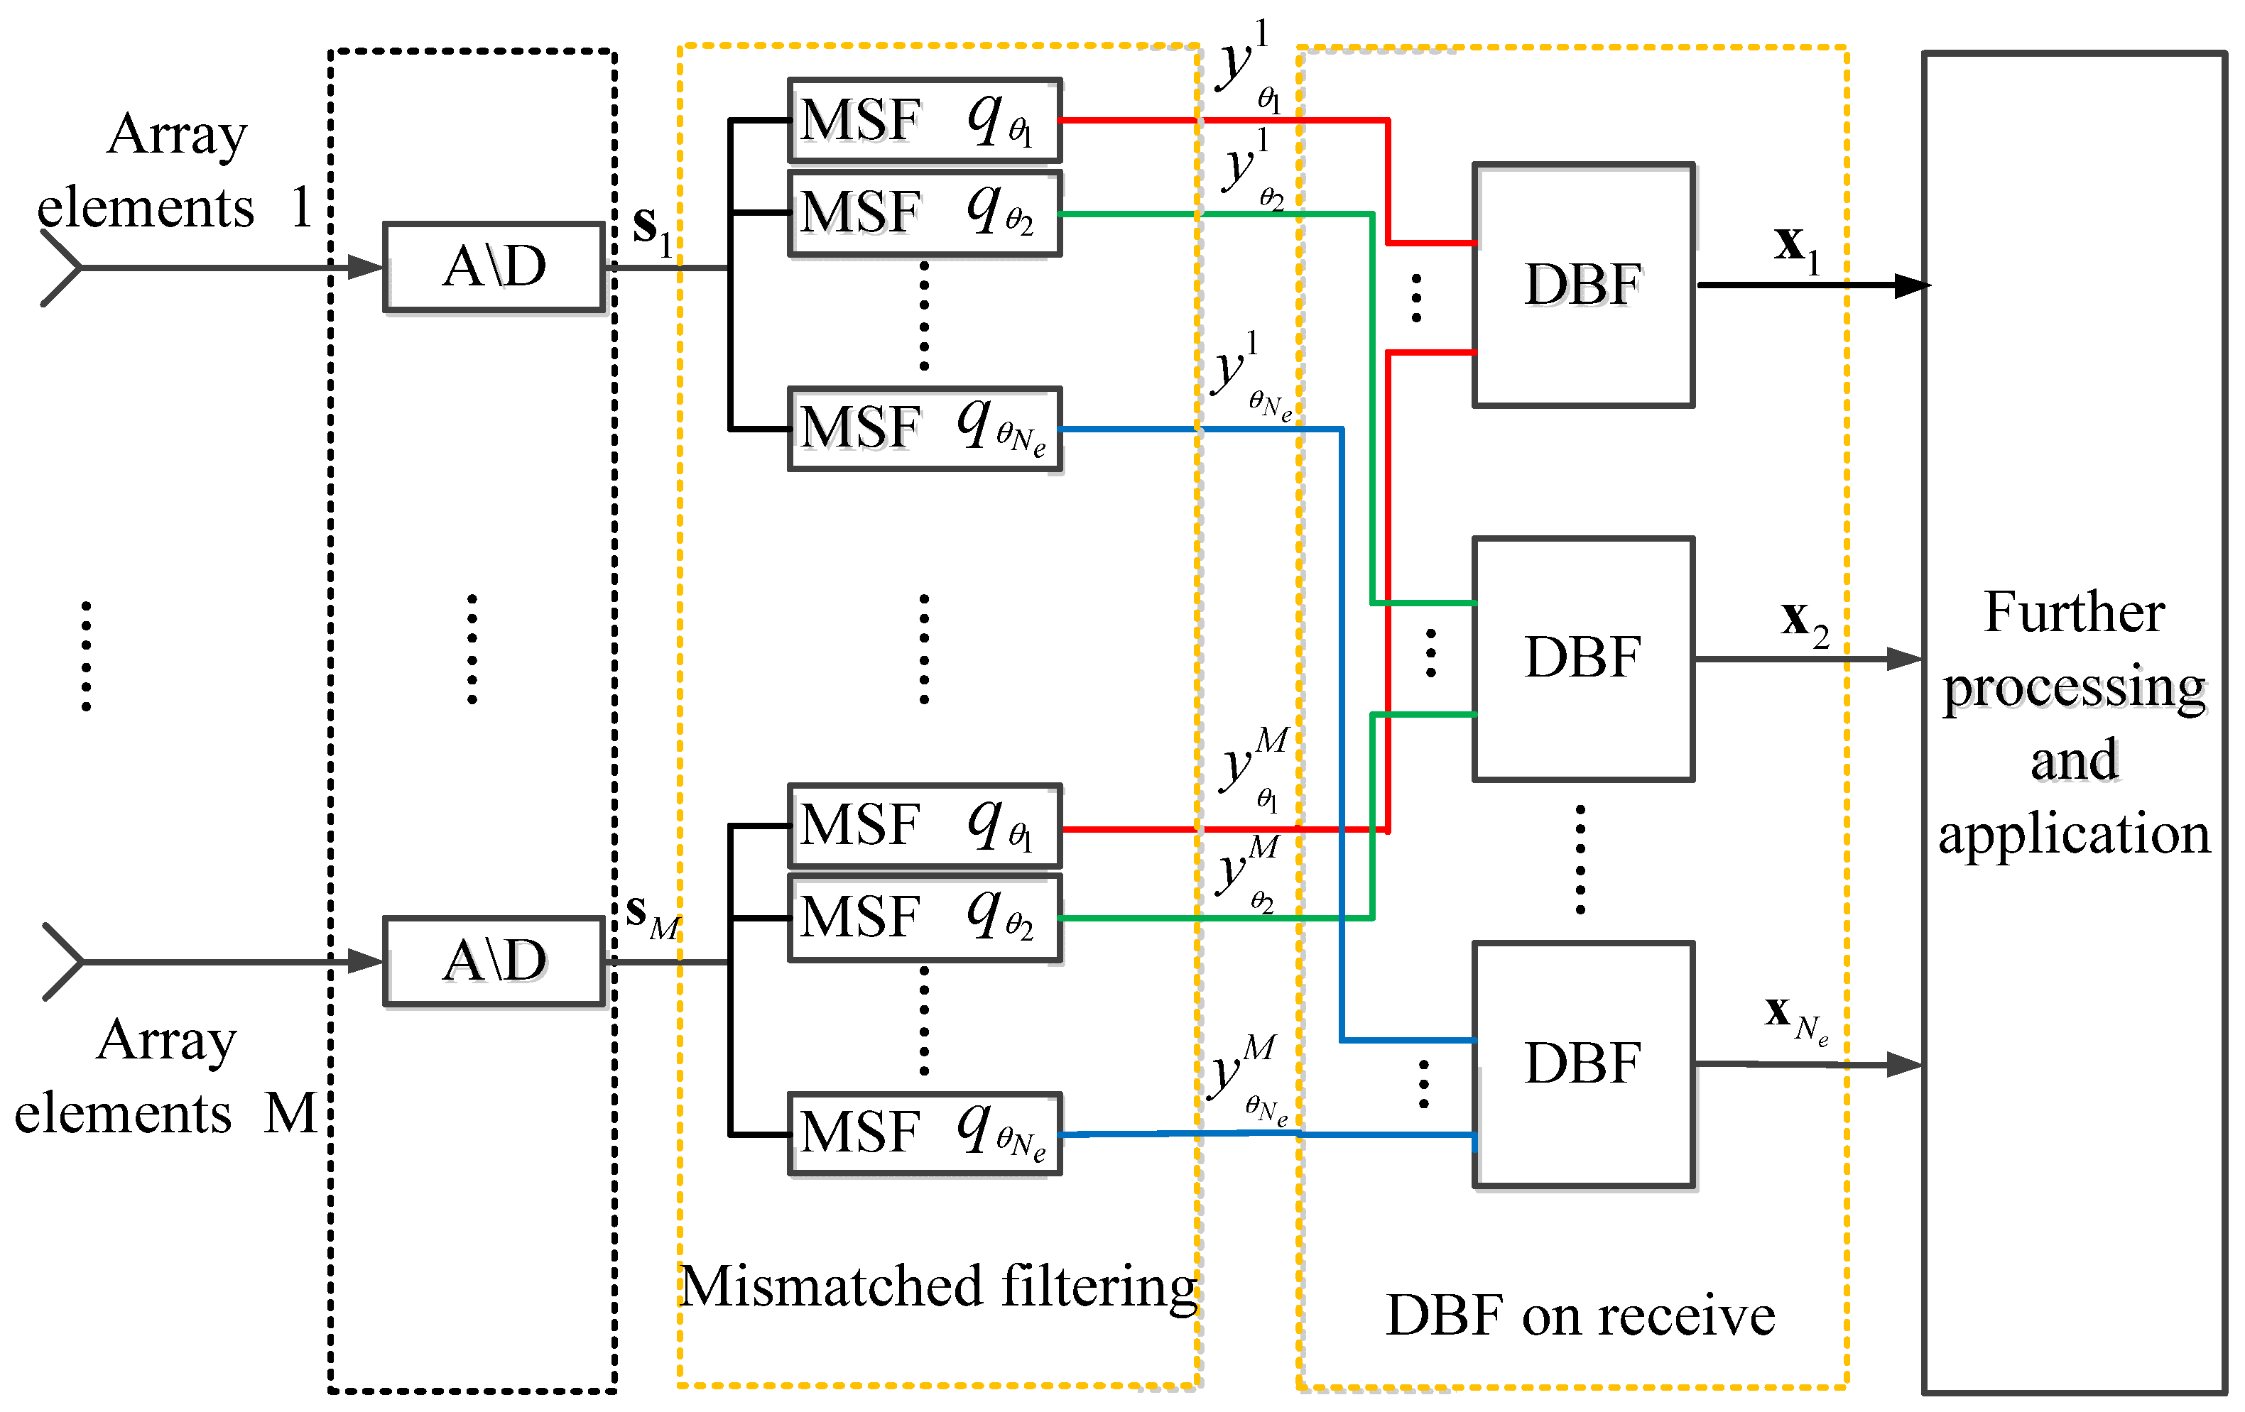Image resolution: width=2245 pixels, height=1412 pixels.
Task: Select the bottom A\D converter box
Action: (494, 961)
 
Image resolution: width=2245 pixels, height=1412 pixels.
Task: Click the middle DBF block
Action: (1583, 658)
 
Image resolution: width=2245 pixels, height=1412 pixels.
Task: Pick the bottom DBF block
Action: (1583, 1063)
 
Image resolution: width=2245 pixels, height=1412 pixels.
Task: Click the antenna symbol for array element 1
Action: (60, 268)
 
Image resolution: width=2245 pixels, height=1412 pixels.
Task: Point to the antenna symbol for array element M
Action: (62, 961)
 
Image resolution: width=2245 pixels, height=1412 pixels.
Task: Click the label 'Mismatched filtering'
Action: (937, 1287)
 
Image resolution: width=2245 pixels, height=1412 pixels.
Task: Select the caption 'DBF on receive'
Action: (1580, 1316)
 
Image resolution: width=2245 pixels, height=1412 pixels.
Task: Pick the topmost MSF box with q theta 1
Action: (925, 120)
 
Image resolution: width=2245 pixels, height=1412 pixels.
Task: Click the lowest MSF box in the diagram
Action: (925, 1133)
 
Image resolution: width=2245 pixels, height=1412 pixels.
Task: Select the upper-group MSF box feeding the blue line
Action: (925, 429)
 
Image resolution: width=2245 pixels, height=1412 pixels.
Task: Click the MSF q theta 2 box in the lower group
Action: (925, 917)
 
